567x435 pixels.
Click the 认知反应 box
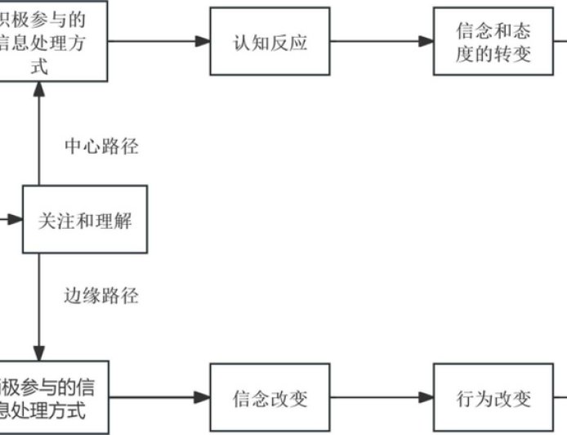[x=270, y=42]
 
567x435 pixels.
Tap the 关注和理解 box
[x=85, y=219]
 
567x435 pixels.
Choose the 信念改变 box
[x=270, y=398]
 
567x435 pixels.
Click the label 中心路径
[x=101, y=147]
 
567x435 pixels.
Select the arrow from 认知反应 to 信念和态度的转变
[x=381, y=42]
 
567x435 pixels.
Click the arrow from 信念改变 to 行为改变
[x=381, y=398]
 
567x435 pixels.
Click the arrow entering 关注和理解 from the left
[x=10, y=219]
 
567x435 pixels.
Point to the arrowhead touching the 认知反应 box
[x=203, y=42]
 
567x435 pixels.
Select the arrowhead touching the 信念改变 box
[x=203, y=398]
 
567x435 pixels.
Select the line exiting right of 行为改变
[x=560, y=398]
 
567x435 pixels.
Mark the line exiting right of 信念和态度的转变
[x=560, y=42]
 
